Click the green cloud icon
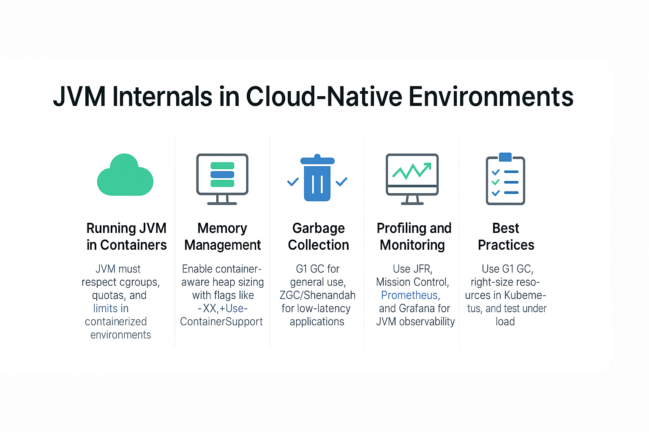[125, 175]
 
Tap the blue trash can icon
[317, 178]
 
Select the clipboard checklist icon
[505, 179]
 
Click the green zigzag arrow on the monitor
[412, 171]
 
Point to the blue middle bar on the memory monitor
[222, 175]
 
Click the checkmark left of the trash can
[293, 182]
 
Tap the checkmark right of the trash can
[341, 182]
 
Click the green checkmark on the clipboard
[496, 182]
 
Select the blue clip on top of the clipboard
[505, 157]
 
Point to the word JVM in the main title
[79, 96]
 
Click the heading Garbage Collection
[319, 236]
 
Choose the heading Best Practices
[506, 236]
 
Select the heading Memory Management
[223, 236]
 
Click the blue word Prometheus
[411, 295]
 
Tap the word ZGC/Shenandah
[317, 295]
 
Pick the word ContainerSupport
[221, 322]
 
